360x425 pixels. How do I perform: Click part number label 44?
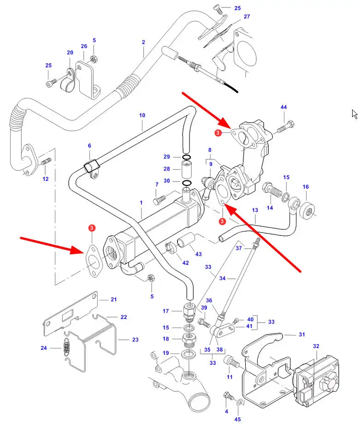pos(283,107)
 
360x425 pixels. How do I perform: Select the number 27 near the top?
pos(247,17)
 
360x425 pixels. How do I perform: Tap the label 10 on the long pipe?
pos(142,115)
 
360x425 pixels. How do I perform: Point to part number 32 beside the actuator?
pos(316,346)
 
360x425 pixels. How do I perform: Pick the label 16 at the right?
pos(306,187)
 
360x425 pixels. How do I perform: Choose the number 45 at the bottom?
pos(237,419)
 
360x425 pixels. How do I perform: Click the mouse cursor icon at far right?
pos(354,114)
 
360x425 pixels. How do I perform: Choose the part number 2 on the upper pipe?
pos(143,42)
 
